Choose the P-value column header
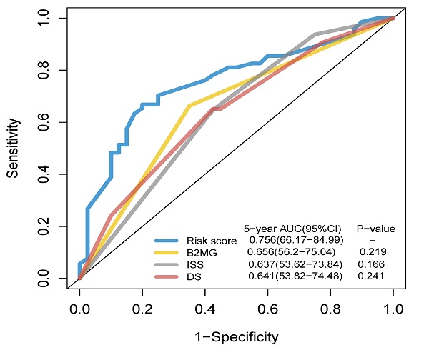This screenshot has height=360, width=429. (x=376, y=229)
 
